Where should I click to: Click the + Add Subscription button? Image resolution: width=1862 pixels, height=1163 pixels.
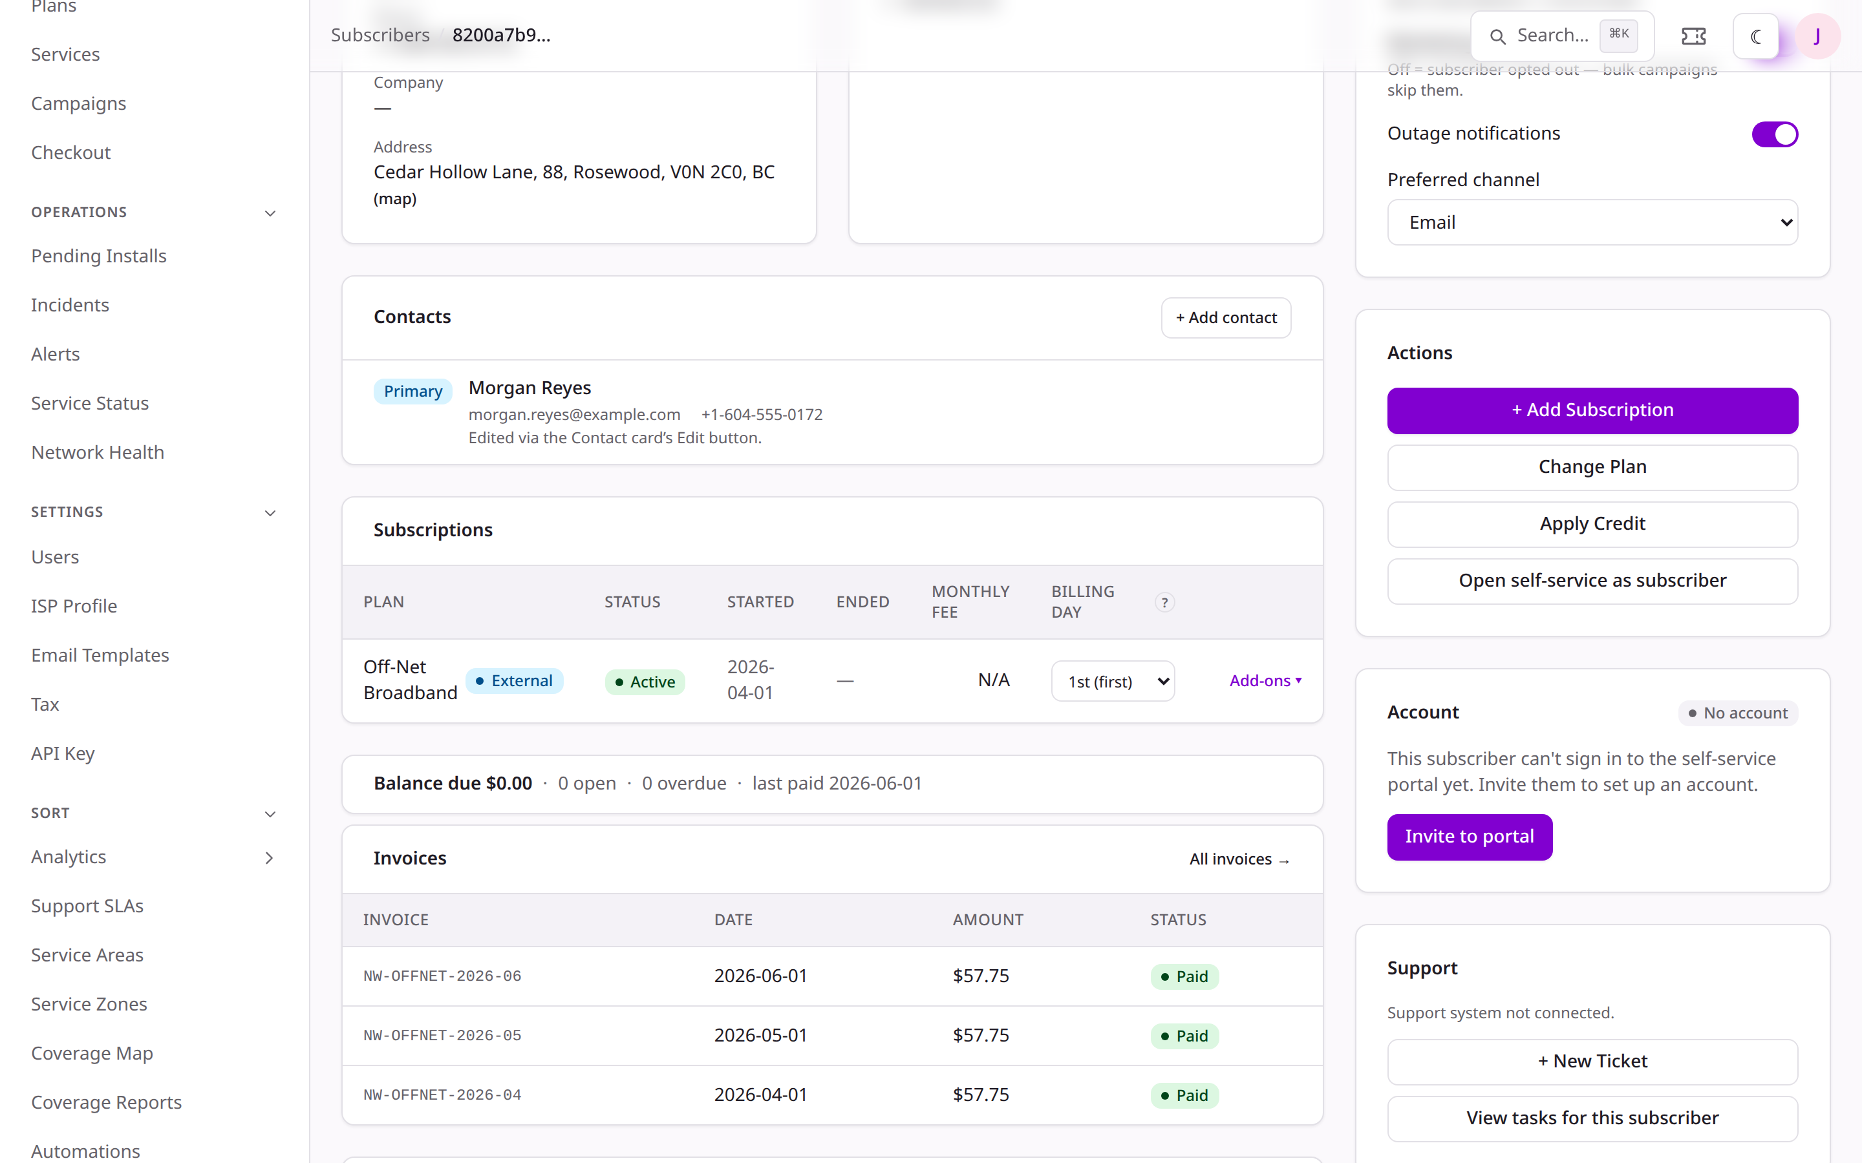tap(1592, 410)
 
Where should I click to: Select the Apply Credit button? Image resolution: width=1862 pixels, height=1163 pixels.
tap(1592, 524)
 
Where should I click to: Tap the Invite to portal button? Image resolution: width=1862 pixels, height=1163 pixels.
tap(1470, 836)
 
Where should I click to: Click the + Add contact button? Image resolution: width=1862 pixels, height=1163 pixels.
tap(1226, 318)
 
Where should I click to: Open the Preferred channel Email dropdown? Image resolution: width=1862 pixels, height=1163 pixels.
tap(1592, 222)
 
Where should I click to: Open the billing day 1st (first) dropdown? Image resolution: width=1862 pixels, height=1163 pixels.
tap(1113, 682)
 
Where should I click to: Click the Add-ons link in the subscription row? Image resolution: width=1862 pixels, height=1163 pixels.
tap(1265, 681)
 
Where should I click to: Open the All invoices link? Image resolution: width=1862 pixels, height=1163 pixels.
tap(1239, 859)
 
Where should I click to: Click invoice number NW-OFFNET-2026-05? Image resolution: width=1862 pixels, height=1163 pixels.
tap(442, 1035)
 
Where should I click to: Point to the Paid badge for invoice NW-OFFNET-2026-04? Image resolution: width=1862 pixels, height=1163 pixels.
tap(1184, 1095)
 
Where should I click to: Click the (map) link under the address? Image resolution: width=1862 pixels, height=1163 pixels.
tap(395, 199)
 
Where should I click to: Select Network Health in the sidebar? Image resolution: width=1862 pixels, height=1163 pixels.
tap(98, 452)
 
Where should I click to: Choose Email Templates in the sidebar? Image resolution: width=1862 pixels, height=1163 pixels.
tap(100, 655)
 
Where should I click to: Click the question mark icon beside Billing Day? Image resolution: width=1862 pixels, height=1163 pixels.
tap(1164, 602)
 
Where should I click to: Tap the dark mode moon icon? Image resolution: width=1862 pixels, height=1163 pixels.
tap(1755, 36)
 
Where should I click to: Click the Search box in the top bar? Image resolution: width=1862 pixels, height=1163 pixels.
tap(1562, 36)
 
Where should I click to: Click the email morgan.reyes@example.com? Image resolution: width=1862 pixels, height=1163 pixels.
tap(574, 415)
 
